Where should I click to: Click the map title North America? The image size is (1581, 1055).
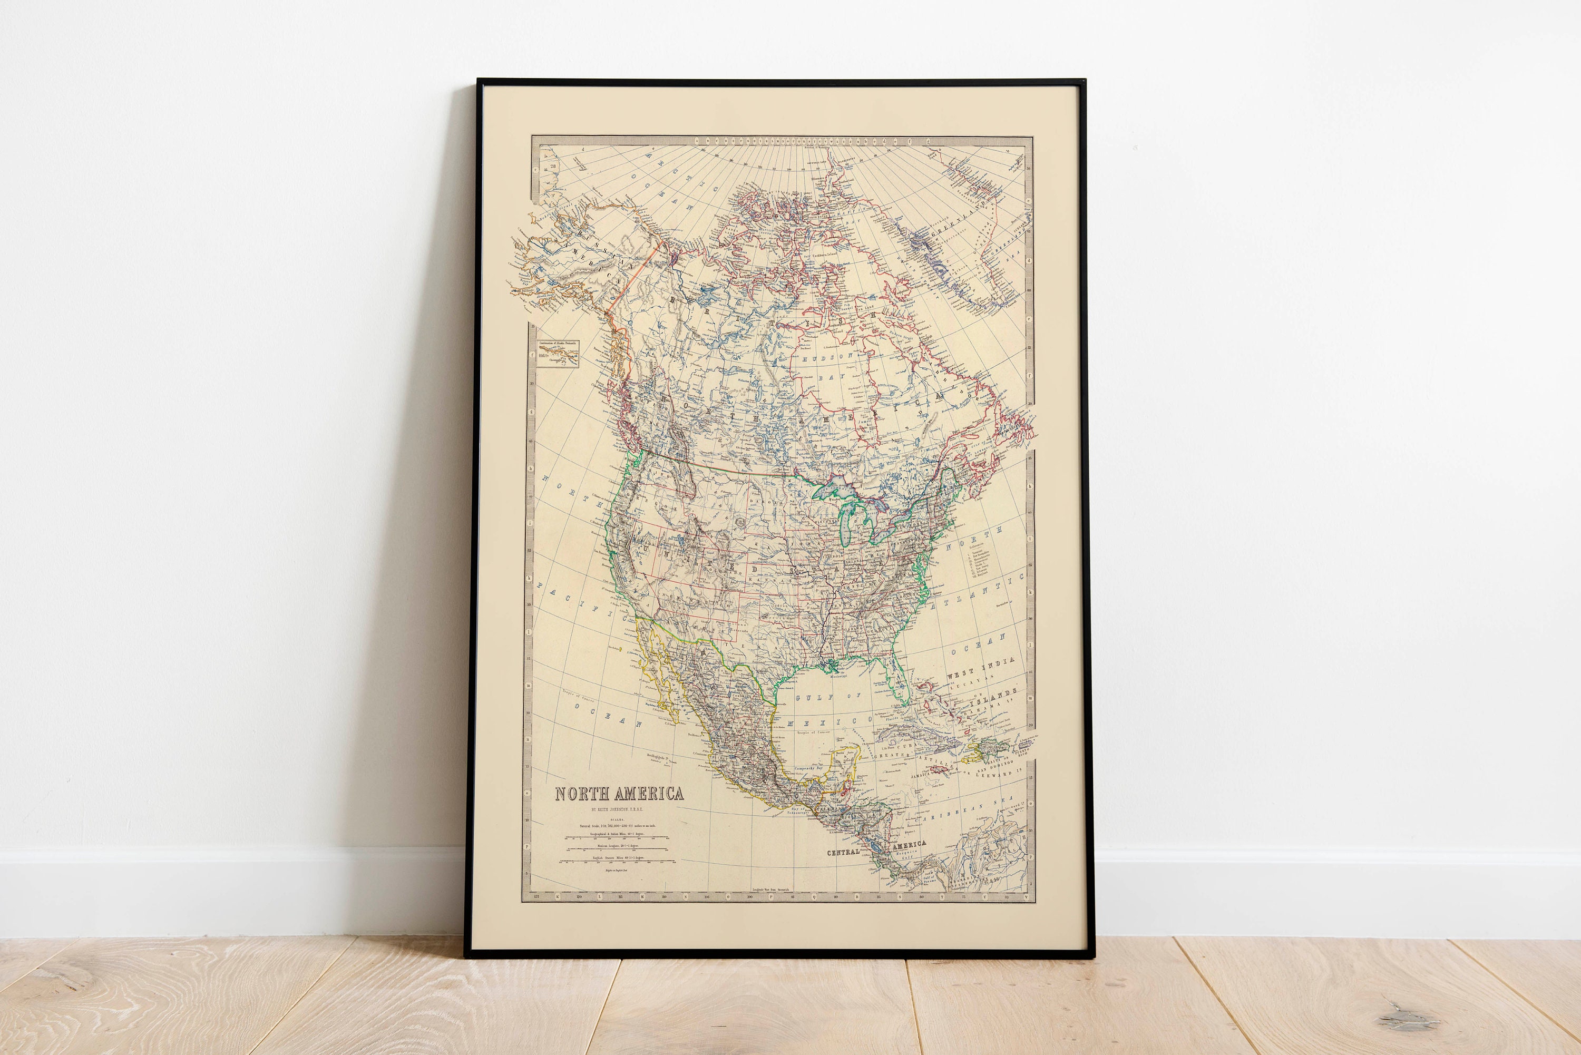pos(619,794)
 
